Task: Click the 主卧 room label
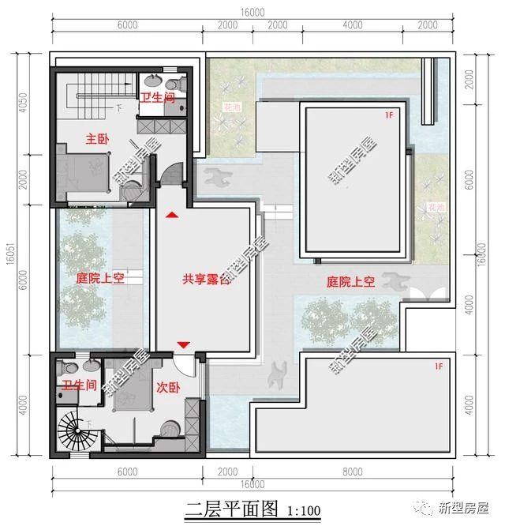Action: tap(97, 139)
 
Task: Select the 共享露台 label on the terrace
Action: tap(206, 279)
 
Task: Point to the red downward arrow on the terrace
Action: tap(183, 344)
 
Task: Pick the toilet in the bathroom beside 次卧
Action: tap(69, 369)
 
